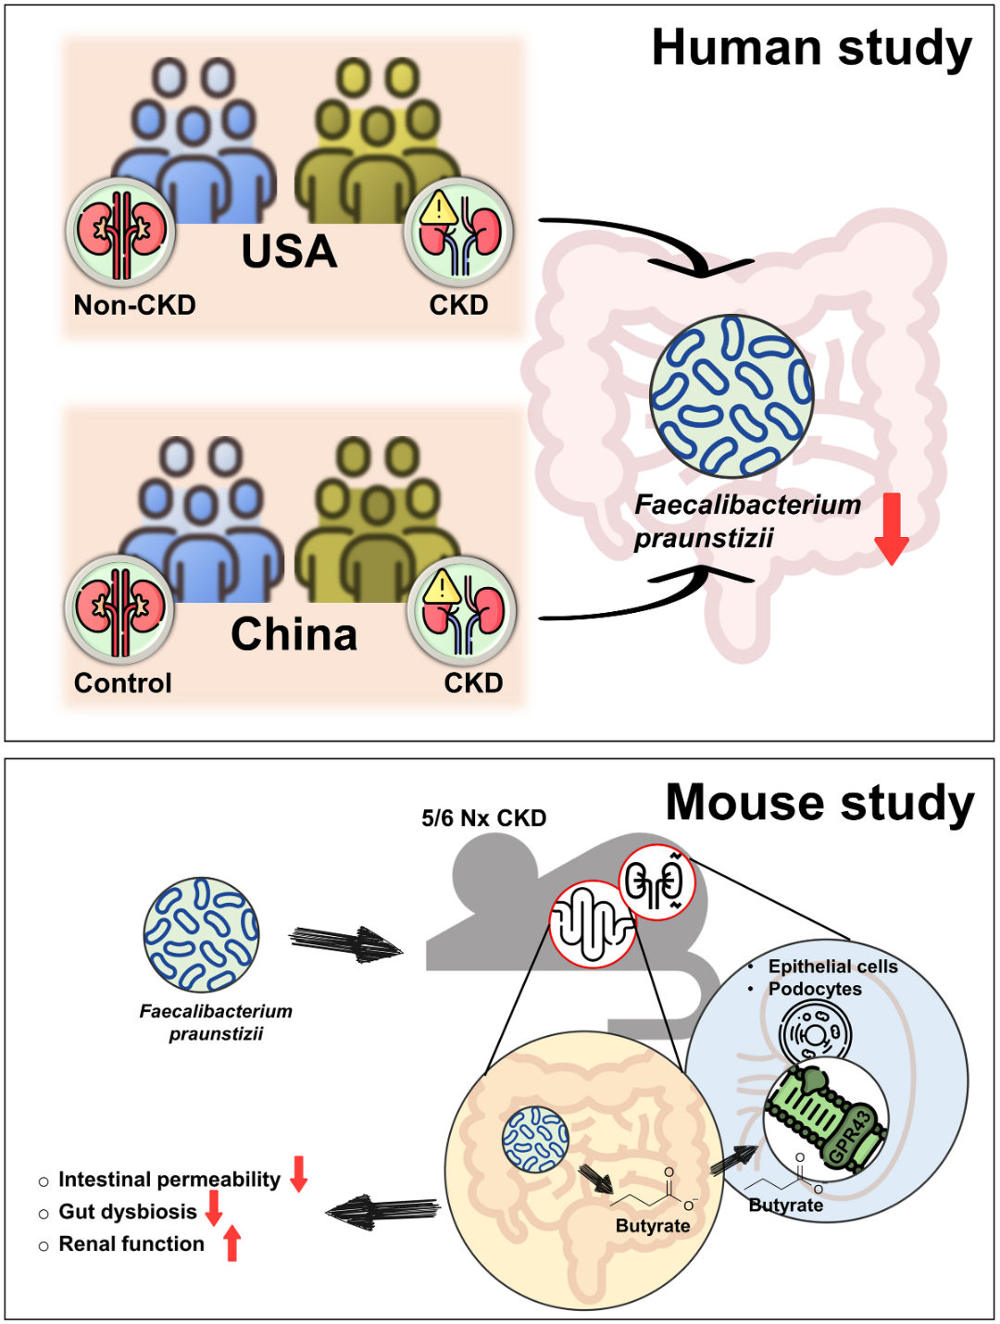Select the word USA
coord(290,251)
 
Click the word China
coord(294,634)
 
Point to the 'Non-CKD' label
coord(134,306)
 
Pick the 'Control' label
coord(122,682)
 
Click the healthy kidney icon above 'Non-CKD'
coord(121,232)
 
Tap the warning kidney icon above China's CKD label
coord(462,610)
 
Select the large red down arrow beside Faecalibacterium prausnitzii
coord(892,529)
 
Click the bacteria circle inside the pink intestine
coord(731,395)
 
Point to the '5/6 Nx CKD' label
coord(483,818)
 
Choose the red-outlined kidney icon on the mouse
coord(657,881)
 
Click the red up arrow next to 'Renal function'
coord(232,1244)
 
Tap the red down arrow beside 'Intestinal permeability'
coord(298,1174)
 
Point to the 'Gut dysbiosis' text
coord(128,1211)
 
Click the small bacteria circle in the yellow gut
coord(535,1139)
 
